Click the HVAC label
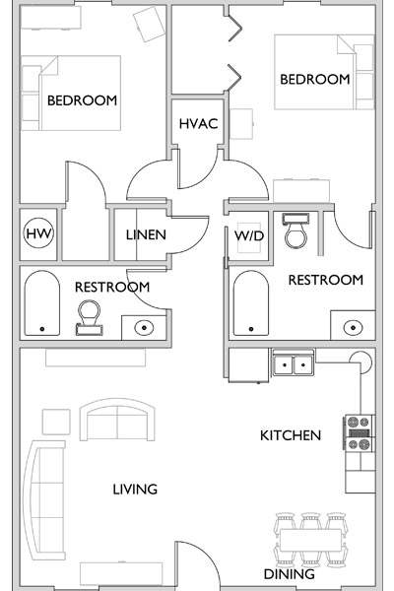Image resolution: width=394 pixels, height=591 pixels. point(198,124)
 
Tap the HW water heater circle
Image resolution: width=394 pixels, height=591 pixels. point(38,233)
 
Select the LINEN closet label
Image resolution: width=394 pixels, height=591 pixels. point(146,234)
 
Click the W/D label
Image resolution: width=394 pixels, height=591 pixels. point(249,236)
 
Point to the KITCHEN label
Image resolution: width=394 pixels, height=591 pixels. point(291,435)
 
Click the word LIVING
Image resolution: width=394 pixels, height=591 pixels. point(135,490)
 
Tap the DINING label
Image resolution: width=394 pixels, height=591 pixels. point(290,574)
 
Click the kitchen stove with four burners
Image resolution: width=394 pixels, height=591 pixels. point(359,432)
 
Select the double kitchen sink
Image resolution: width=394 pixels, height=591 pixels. point(294,363)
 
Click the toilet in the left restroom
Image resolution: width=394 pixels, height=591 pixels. point(89,317)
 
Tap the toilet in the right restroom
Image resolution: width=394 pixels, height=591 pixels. point(295,230)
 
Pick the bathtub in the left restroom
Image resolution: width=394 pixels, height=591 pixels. point(41,303)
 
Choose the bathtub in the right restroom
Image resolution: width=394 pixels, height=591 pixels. point(251,303)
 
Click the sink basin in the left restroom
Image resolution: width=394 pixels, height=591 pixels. point(144,327)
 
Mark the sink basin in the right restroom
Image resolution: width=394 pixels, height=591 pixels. point(353,327)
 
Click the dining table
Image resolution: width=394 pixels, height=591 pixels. point(310,540)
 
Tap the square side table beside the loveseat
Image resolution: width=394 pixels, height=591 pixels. point(56,422)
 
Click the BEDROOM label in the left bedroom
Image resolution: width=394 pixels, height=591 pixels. point(82,100)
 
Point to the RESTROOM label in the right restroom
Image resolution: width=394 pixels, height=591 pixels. point(326,280)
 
